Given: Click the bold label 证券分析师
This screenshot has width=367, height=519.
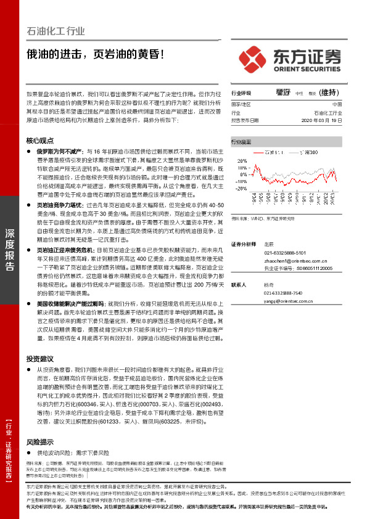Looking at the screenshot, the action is point(244,245).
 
